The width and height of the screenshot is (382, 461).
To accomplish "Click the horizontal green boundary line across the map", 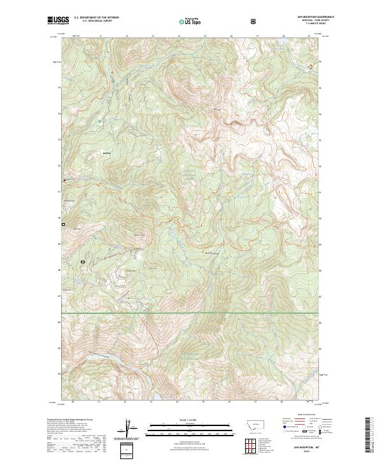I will tap(191, 313).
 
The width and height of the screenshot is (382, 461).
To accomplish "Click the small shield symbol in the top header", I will tap(255, 21).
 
